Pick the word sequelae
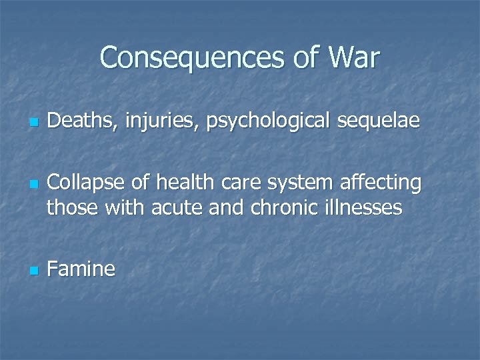(380, 123)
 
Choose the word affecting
(381, 183)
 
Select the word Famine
(81, 269)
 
